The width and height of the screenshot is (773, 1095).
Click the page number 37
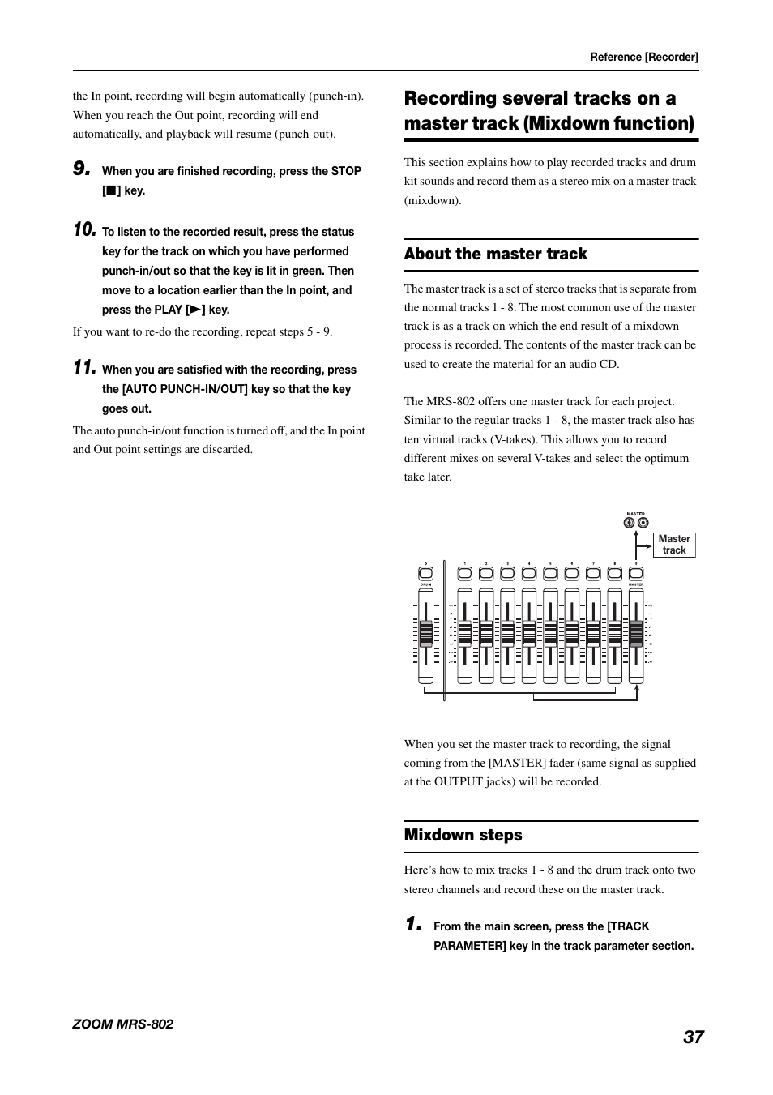pos(693,1037)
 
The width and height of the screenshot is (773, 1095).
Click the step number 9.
pos(81,169)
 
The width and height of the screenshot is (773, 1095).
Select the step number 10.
pos(84,229)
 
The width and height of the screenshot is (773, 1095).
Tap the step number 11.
pos(84,367)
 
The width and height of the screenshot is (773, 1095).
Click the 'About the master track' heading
pos(495,254)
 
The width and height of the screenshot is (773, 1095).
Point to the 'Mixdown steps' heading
pos(463,835)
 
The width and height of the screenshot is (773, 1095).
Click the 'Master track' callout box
pos(673,545)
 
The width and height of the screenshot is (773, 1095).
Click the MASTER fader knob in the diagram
pos(636,633)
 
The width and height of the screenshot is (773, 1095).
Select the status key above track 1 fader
pos(464,573)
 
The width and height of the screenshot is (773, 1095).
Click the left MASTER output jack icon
pos(630,523)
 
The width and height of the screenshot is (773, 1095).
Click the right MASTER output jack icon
pos(643,523)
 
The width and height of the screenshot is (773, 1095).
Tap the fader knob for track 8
pos(614,633)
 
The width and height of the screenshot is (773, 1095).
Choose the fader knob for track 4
pos(529,633)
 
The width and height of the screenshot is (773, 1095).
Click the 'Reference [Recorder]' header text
pos(643,57)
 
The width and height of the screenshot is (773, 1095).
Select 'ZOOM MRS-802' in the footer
pos(122,1024)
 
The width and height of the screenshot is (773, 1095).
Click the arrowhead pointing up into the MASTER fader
pos(637,688)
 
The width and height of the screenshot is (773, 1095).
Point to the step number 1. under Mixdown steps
pos(413,924)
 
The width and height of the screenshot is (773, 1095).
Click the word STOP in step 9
pos(346,171)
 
